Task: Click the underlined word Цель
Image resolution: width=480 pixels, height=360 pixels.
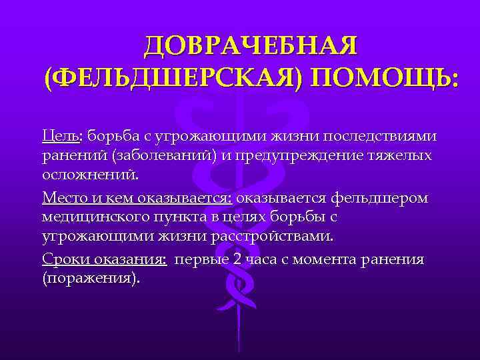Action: tap(61, 136)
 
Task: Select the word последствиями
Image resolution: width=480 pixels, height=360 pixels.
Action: tap(379, 136)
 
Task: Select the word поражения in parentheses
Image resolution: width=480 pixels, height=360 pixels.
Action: tap(91, 279)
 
